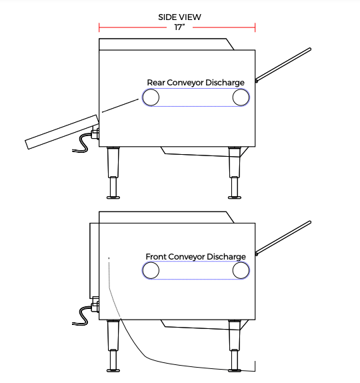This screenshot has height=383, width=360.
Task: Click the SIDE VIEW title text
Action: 179,17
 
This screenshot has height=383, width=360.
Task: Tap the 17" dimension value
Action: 179,27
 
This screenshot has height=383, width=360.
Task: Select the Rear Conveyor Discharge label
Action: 195,83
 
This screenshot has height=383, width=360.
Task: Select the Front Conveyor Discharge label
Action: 195,257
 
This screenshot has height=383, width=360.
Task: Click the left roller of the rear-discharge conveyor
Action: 151,97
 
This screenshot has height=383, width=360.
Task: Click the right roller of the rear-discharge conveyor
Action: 241,97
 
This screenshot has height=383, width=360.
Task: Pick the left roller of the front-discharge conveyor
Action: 151,270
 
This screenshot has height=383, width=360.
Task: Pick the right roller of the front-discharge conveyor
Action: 241,270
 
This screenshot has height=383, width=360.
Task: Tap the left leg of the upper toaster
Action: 113,173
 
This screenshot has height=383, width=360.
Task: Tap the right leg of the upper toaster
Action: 235,173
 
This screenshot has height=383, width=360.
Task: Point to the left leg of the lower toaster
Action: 113,346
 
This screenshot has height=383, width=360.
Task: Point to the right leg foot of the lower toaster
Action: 235,370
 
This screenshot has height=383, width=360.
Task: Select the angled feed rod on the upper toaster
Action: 283,65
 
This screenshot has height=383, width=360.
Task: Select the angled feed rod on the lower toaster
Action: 283,238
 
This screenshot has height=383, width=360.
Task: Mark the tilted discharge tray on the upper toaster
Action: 62,132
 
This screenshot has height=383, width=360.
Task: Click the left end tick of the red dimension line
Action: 99,27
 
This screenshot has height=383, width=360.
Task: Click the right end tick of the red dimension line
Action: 255,27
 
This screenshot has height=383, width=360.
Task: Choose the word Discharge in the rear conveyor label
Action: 225,83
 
